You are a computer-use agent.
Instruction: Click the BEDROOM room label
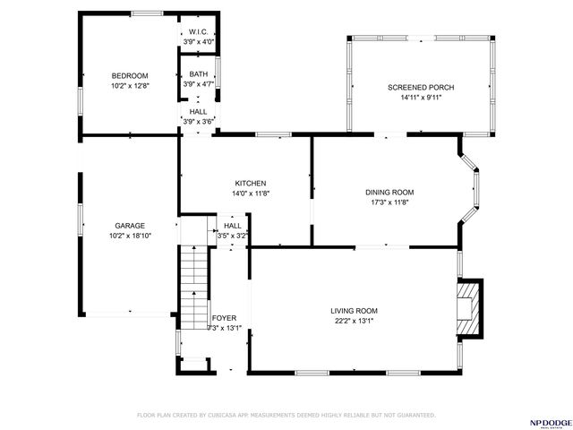pos(130,75)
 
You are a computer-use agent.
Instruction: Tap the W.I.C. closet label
pos(198,31)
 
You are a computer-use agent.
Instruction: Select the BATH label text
pos(198,75)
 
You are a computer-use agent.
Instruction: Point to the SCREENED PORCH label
pos(421,87)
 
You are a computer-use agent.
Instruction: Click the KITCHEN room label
pos(251,183)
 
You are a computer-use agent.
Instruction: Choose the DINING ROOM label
pos(389,192)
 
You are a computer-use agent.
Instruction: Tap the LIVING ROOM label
pos(355,310)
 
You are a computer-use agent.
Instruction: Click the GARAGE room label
pos(130,226)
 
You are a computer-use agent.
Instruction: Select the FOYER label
pos(224,318)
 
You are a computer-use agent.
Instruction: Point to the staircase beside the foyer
pos(194,287)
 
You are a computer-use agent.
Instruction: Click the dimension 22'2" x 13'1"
pos(355,320)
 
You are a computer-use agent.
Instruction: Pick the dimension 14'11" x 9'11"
pos(421,97)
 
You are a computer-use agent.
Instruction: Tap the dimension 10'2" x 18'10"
pos(130,236)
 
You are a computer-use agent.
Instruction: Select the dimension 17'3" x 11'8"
pos(389,202)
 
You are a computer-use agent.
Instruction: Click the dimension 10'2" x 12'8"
pos(130,85)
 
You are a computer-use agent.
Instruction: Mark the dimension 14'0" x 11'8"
pos(251,193)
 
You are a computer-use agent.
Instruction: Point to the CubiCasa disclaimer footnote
pos(286,416)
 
